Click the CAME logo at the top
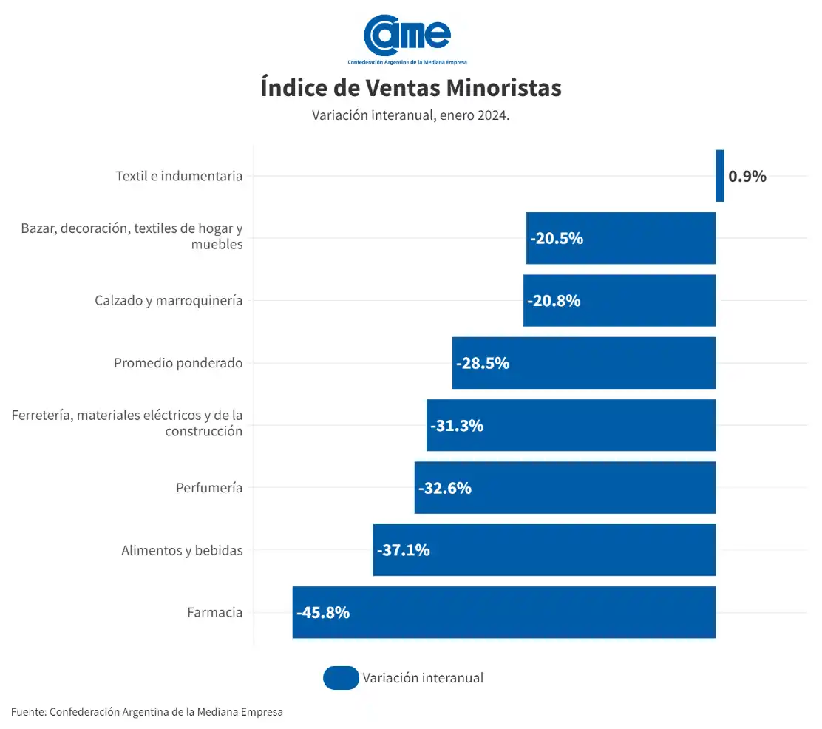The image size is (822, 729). point(407,37)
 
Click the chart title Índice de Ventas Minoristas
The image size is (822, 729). point(411,88)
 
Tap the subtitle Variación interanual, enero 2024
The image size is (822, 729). point(411,116)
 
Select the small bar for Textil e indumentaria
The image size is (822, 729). point(719,176)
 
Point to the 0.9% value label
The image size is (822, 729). point(747,177)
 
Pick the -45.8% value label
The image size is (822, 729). point(323,613)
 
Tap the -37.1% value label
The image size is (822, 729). point(404,551)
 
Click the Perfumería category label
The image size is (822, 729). point(209,488)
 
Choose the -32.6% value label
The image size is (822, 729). point(445,489)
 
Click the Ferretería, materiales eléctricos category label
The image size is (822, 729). point(127,423)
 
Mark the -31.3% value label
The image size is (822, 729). point(457,426)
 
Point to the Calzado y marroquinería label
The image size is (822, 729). point(169,301)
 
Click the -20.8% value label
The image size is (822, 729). point(554,302)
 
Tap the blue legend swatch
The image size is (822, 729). point(341,678)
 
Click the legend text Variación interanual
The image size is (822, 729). point(423,678)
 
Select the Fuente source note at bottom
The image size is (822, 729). point(147,712)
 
